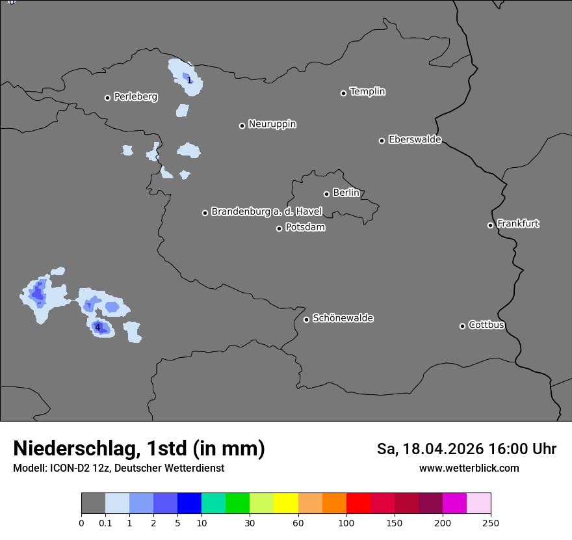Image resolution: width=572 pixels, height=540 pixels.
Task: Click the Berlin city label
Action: [x=346, y=193]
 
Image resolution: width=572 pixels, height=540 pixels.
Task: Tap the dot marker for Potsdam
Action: [x=279, y=228]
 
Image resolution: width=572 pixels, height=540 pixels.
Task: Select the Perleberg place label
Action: [x=135, y=97]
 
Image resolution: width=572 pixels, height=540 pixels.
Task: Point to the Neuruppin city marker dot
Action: [x=242, y=126]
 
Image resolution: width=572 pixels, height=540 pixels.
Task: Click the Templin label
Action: [x=367, y=92]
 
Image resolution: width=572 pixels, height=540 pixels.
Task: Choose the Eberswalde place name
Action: [x=415, y=139]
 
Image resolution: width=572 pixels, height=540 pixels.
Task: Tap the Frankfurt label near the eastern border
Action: [x=518, y=224]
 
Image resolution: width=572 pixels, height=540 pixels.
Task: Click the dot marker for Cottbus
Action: [x=462, y=326]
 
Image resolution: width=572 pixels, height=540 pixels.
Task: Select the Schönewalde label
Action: [x=343, y=318]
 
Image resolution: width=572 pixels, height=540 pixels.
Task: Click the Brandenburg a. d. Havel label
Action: [x=266, y=212]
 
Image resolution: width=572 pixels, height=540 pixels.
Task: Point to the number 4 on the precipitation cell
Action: [x=98, y=327]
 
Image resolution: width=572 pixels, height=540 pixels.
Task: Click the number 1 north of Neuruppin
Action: [x=189, y=80]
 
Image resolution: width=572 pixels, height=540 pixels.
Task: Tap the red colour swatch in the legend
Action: [x=358, y=504]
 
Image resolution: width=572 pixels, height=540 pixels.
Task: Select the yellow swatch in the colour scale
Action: [x=286, y=504]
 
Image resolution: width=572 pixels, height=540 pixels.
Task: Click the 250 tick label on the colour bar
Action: [x=491, y=522]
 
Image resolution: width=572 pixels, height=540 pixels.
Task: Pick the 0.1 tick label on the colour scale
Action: [x=105, y=522]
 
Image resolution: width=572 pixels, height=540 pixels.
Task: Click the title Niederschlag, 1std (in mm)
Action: [x=139, y=448]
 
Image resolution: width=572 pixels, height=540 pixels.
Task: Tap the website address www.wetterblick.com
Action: [x=469, y=468]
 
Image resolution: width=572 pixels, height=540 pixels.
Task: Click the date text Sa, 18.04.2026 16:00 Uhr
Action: [x=466, y=449]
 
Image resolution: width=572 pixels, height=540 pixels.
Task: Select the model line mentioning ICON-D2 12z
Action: [x=118, y=468]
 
